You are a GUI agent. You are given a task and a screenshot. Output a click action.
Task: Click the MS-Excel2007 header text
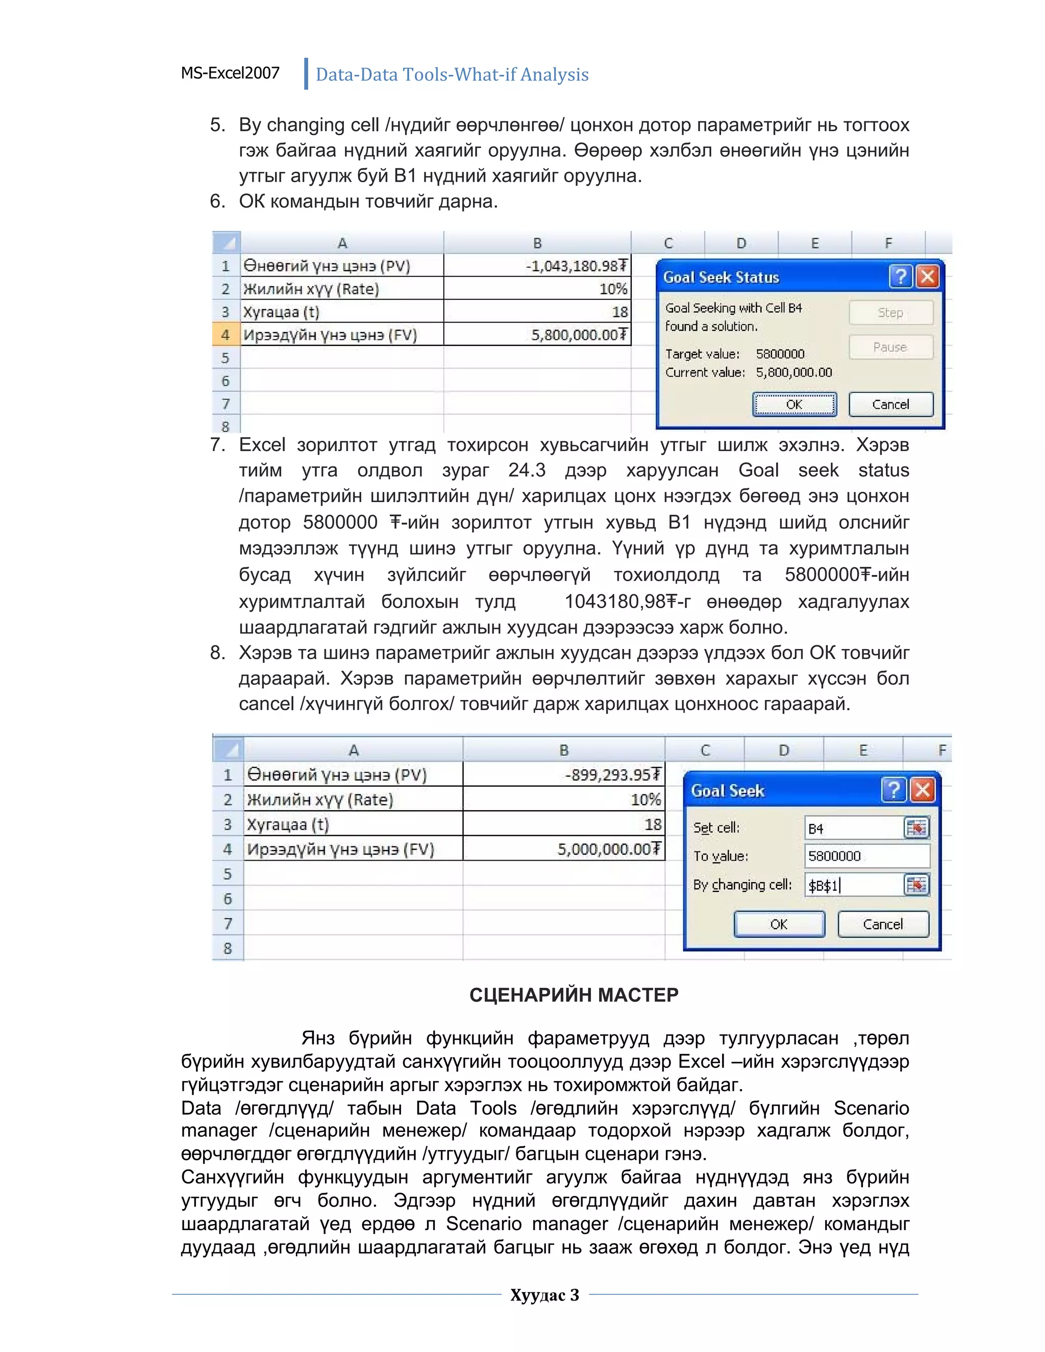point(230,73)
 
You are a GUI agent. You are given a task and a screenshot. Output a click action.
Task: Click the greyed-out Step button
point(890,313)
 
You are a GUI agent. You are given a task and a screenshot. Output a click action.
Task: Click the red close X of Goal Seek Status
point(927,277)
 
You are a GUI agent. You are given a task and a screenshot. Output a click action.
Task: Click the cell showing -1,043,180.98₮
point(537,266)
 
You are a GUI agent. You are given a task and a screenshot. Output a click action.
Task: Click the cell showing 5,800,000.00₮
point(537,335)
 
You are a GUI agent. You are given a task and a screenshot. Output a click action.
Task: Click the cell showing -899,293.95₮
point(563,774)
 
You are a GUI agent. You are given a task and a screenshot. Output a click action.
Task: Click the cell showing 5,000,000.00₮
point(563,849)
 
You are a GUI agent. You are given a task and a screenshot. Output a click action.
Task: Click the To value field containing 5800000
point(867,856)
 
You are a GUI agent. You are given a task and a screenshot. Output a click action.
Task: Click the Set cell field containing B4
point(854,828)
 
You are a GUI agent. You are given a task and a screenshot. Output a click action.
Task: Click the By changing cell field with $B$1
point(854,885)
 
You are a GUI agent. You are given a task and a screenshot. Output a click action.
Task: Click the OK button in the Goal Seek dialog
point(779,924)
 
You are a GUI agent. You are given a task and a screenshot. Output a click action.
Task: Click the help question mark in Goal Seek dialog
point(893,790)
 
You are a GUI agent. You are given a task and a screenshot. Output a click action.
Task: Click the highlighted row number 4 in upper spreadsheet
point(226,335)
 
